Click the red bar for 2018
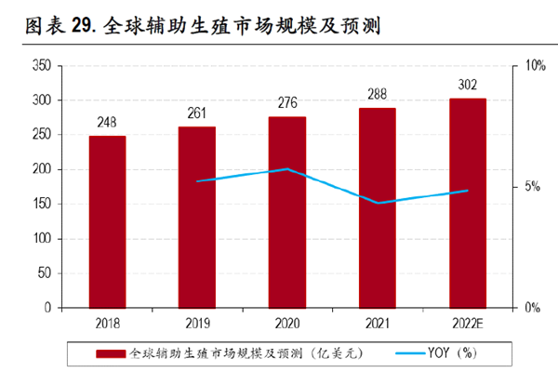pos(107,221)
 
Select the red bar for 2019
pos(197,217)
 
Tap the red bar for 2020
pos(287,212)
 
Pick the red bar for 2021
pos(377,207)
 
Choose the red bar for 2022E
pos(467,203)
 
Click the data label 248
pos(107,123)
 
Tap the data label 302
pos(467,85)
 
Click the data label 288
pos(377,94)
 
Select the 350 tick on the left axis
pos(40,66)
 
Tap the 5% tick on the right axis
pos(531,187)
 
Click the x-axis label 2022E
pos(467,321)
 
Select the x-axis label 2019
pos(197,321)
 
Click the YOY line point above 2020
pos(287,169)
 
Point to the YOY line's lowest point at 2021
pos(377,203)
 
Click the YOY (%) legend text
pos(450,353)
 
